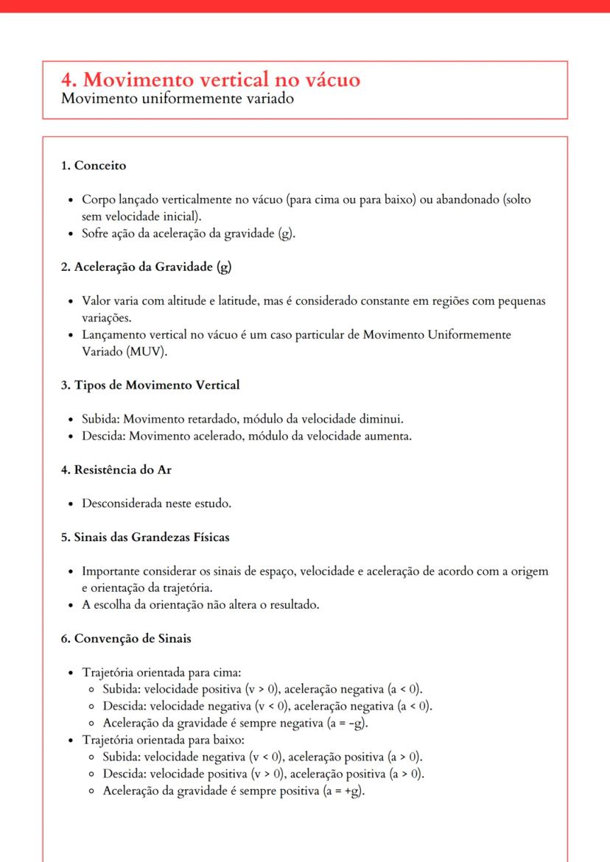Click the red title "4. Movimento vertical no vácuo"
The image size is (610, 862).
click(211, 80)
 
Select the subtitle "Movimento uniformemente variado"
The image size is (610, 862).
click(178, 99)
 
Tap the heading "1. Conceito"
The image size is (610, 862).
click(94, 166)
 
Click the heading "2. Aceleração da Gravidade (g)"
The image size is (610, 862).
click(146, 266)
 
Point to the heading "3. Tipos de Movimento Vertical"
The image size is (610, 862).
click(150, 385)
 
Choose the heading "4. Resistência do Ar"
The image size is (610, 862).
click(116, 470)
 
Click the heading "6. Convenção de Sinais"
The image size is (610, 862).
click(126, 638)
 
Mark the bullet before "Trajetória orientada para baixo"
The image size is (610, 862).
click(70, 740)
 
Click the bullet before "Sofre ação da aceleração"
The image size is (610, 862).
click(70, 234)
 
